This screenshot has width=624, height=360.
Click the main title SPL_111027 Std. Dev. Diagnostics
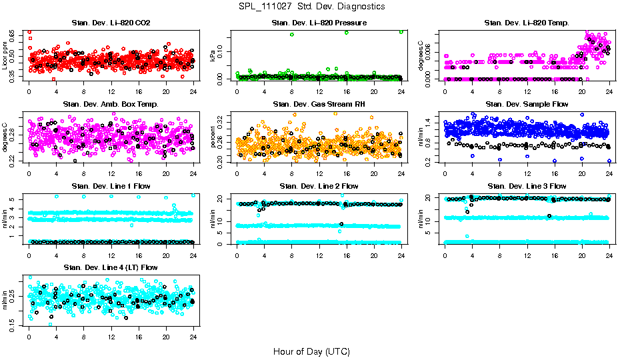311,6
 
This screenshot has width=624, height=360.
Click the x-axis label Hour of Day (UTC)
311,351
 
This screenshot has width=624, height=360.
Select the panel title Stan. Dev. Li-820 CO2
111,23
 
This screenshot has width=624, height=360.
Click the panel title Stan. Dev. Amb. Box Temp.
111,104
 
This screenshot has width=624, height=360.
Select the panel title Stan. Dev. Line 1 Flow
111,186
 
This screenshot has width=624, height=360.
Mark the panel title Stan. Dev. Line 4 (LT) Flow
111,267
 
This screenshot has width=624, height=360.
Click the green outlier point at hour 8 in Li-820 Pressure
292,35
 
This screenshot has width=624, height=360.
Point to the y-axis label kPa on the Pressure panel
213,56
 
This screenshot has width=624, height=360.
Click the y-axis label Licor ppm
5,56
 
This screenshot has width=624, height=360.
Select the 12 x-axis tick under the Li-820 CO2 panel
111,92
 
